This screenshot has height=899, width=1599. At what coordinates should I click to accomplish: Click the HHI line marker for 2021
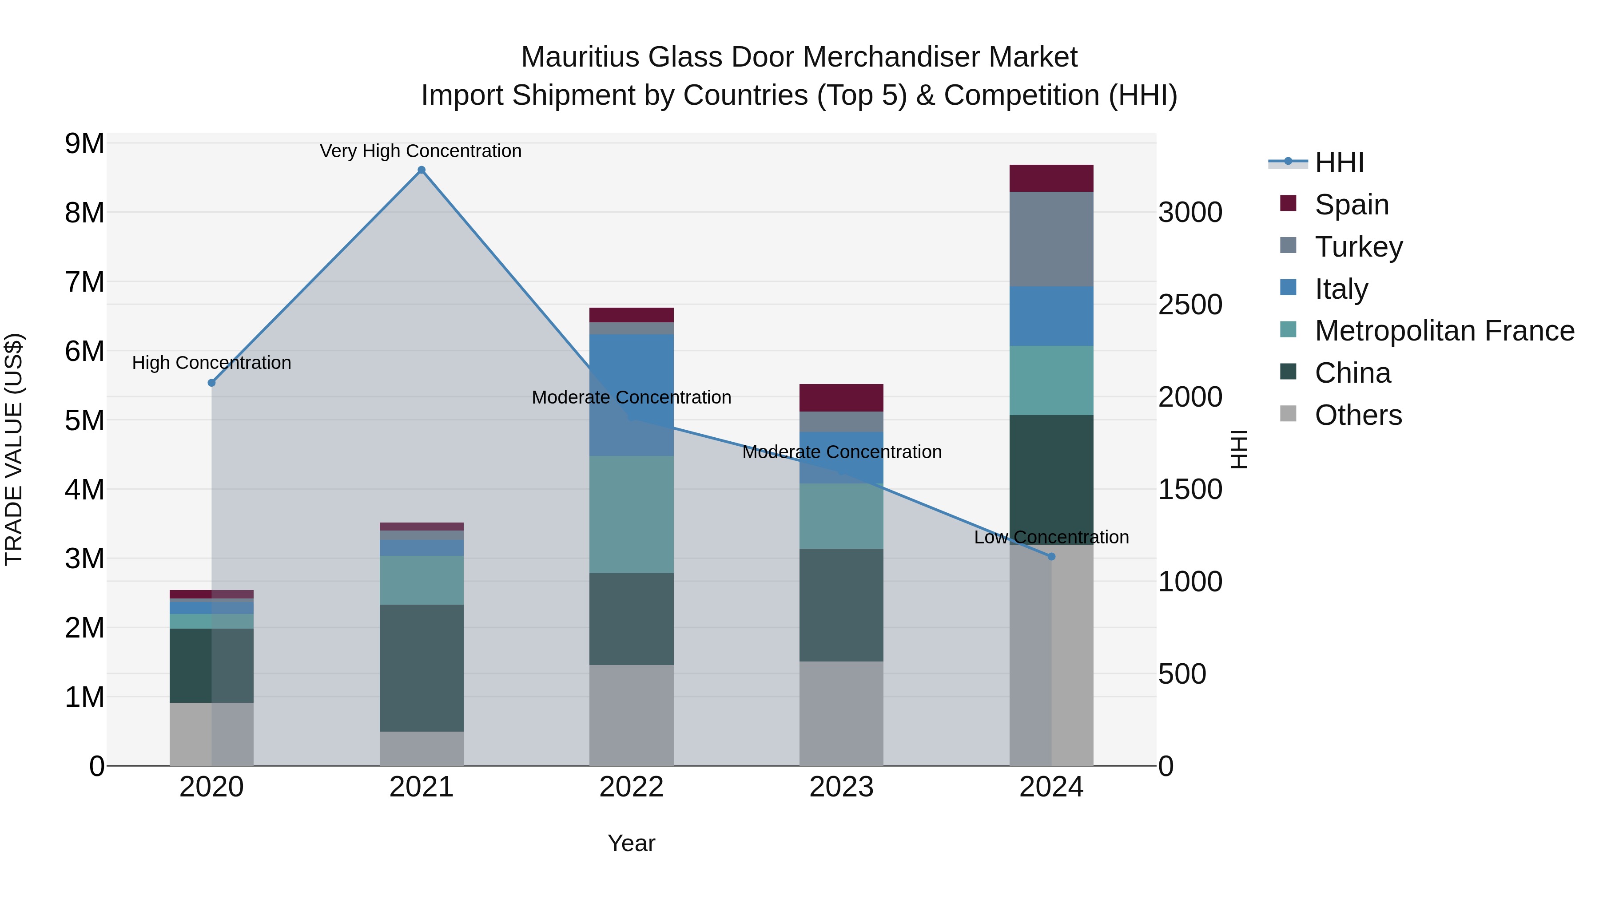tap(422, 170)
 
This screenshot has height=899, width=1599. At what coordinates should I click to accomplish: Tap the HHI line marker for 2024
tap(1051, 557)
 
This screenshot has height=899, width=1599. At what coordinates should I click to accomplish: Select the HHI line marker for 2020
tap(212, 383)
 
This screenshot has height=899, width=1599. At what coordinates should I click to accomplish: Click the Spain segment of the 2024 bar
tap(1051, 178)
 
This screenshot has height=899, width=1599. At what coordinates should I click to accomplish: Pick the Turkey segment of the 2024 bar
tap(1051, 239)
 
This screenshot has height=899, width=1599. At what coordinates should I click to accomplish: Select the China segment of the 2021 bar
tap(422, 668)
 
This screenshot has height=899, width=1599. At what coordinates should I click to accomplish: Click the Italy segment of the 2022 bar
tap(631, 395)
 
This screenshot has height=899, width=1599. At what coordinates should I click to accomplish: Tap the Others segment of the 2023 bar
tap(841, 713)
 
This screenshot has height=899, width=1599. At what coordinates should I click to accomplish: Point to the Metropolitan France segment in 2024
tap(1051, 380)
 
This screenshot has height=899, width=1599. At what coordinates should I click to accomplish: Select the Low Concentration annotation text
tap(1051, 537)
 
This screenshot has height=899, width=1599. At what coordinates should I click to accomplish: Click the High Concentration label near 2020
tap(212, 363)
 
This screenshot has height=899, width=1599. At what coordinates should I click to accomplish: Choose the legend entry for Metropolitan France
tap(1444, 331)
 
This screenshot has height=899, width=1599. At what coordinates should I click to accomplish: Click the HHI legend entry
tap(1339, 162)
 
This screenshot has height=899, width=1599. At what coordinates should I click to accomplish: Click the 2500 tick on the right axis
tap(1190, 305)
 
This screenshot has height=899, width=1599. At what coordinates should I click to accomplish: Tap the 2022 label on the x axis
tap(631, 787)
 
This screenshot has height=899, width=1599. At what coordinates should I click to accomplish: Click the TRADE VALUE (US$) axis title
tap(14, 449)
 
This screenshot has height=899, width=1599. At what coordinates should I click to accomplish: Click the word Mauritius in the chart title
tap(580, 57)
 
